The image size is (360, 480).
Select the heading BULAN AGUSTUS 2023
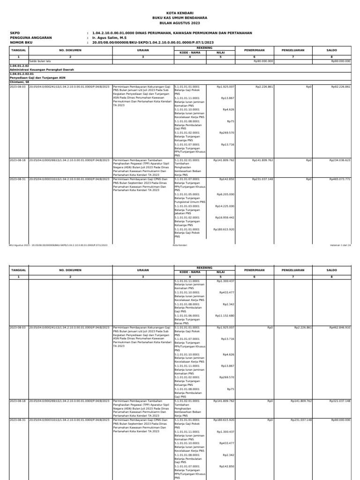180,22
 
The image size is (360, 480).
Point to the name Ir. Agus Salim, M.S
110,37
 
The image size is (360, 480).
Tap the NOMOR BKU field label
21,42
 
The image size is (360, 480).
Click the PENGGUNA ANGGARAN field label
31,37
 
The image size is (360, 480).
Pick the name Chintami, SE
19,82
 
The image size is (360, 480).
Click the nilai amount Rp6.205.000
225,194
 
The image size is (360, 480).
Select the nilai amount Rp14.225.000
225,206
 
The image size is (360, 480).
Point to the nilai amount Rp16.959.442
225,217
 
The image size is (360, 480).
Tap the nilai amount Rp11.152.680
225,315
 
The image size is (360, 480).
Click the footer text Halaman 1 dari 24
340,245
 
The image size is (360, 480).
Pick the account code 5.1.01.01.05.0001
187,194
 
